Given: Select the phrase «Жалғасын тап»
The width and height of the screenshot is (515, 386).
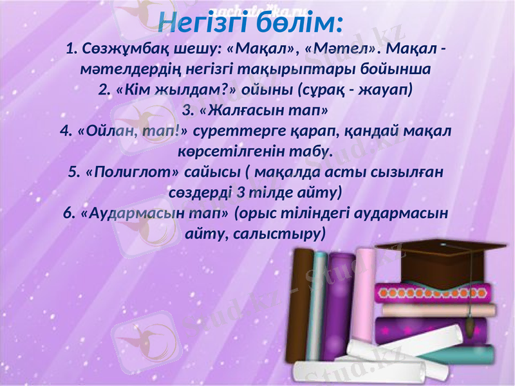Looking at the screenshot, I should click(257, 109).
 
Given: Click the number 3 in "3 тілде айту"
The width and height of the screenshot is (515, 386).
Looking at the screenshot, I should click(239, 192).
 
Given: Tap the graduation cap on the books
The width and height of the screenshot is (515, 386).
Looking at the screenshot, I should click(431, 257).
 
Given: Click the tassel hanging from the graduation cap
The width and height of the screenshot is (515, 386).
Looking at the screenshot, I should click(476, 322).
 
